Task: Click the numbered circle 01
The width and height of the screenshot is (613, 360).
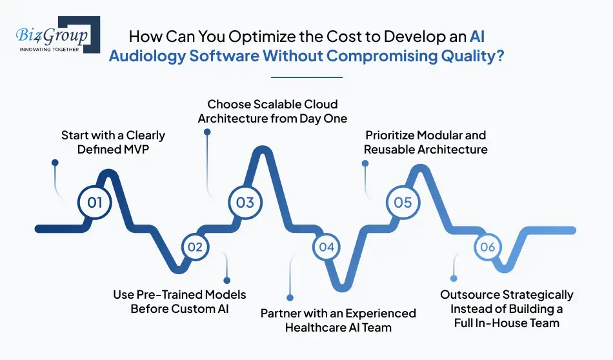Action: [95, 203]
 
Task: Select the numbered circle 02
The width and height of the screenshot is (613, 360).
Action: [196, 247]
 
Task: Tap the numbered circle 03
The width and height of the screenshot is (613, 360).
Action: [245, 203]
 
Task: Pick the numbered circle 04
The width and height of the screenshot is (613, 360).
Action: [327, 247]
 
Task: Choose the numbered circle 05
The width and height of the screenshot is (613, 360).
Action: [403, 203]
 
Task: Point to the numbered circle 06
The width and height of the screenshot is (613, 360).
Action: [488, 247]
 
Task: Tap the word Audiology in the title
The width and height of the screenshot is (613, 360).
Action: [146, 55]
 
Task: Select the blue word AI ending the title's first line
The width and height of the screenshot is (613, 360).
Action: [477, 37]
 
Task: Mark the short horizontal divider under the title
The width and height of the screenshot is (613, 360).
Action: [306, 77]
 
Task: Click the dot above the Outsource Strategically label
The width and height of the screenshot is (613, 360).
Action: [454, 279]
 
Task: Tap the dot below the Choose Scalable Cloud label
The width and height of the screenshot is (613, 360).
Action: [207, 132]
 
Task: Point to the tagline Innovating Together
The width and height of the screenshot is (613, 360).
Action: [50, 49]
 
